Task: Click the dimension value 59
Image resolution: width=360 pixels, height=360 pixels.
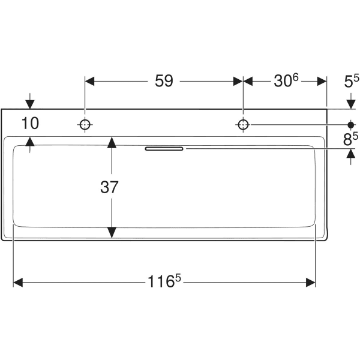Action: [x=164, y=81]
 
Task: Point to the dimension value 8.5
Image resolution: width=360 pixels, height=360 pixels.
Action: [x=351, y=139]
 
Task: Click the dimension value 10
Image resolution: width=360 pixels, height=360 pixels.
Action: [x=30, y=124]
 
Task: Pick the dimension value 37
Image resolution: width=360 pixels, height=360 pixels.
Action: [x=110, y=187]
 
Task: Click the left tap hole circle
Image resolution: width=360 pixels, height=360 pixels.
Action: [x=85, y=125]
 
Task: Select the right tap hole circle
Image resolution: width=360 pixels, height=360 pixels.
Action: [x=243, y=125]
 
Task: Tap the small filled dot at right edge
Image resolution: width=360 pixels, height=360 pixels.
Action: [x=352, y=125]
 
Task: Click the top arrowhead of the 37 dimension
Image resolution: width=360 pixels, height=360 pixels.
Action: [x=111, y=142]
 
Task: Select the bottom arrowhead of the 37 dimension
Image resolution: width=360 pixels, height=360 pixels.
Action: [x=111, y=233]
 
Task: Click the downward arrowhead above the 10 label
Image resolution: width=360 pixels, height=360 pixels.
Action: [x=31, y=104]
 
